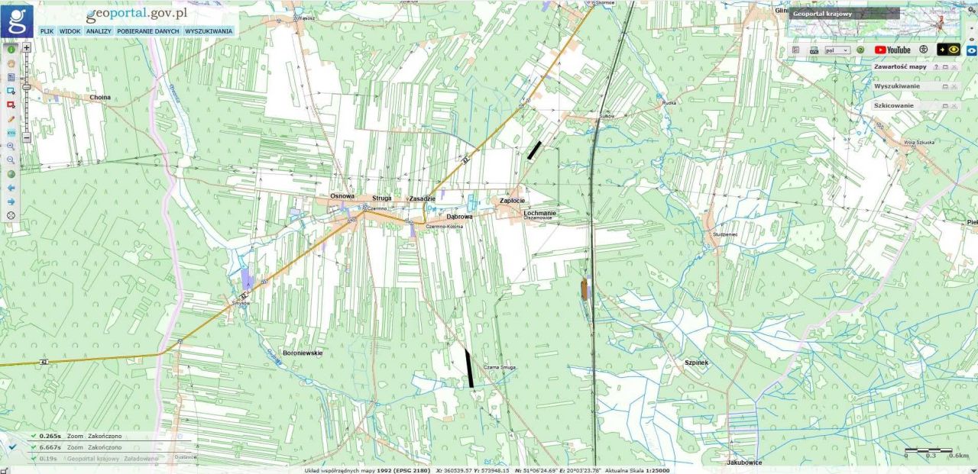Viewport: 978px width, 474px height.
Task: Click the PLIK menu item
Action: tap(47, 31)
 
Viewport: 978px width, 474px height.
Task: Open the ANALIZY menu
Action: tap(99, 31)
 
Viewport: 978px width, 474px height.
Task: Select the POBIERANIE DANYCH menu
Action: tap(148, 31)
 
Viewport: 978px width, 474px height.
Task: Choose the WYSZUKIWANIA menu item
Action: tap(209, 31)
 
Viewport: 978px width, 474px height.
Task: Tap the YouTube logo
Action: tap(892, 50)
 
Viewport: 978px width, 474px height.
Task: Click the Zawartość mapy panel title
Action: tap(900, 67)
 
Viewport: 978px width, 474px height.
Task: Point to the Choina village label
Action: tap(100, 98)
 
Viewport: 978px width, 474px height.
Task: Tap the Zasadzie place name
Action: tap(422, 198)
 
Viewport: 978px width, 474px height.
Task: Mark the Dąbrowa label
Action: tap(460, 217)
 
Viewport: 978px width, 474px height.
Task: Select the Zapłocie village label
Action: tap(512, 201)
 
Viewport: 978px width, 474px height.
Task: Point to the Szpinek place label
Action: tap(697, 363)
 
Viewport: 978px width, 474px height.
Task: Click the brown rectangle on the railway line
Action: tap(585, 289)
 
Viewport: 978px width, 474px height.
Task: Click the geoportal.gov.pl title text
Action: tap(137, 15)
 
